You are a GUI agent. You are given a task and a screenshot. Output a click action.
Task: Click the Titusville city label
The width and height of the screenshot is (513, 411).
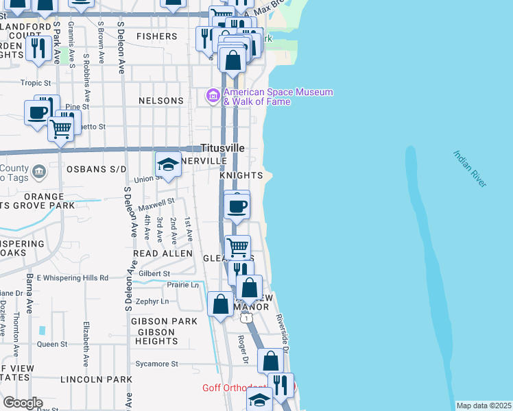click(222, 147)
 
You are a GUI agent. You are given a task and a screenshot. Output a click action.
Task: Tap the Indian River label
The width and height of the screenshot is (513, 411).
click(470, 169)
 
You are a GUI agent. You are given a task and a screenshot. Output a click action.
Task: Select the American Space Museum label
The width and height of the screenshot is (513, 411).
click(278, 97)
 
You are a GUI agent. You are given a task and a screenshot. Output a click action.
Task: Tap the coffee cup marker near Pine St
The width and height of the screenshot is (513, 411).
click(38, 112)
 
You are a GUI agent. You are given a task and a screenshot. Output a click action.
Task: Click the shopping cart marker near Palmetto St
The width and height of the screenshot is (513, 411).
click(62, 127)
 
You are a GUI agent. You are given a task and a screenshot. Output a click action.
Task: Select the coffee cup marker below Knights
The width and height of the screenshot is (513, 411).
click(237, 206)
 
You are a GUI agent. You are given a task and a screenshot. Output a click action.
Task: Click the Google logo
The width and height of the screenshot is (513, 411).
click(22, 403)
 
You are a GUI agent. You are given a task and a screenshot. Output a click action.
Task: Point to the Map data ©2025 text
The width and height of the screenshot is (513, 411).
click(484, 406)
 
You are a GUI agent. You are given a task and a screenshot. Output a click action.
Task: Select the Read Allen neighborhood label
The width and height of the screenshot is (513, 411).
click(163, 253)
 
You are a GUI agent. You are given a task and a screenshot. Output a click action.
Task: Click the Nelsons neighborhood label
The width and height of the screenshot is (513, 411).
click(161, 101)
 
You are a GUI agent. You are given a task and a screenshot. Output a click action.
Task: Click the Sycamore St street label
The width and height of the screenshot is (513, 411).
click(156, 364)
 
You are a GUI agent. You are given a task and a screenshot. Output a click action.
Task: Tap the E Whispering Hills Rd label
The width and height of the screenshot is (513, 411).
click(73, 277)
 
